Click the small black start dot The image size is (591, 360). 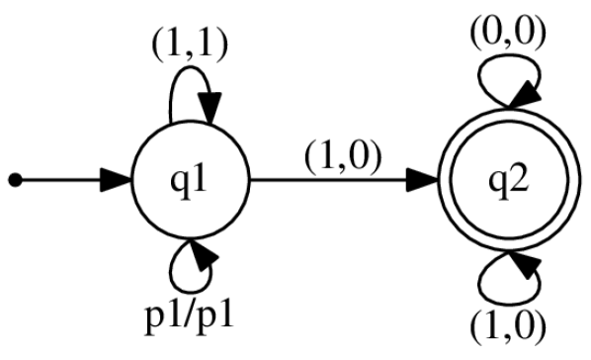point(14,181)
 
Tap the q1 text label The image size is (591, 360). point(193,182)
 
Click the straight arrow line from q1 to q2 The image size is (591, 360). point(336,181)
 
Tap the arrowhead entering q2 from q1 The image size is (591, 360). point(424,181)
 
